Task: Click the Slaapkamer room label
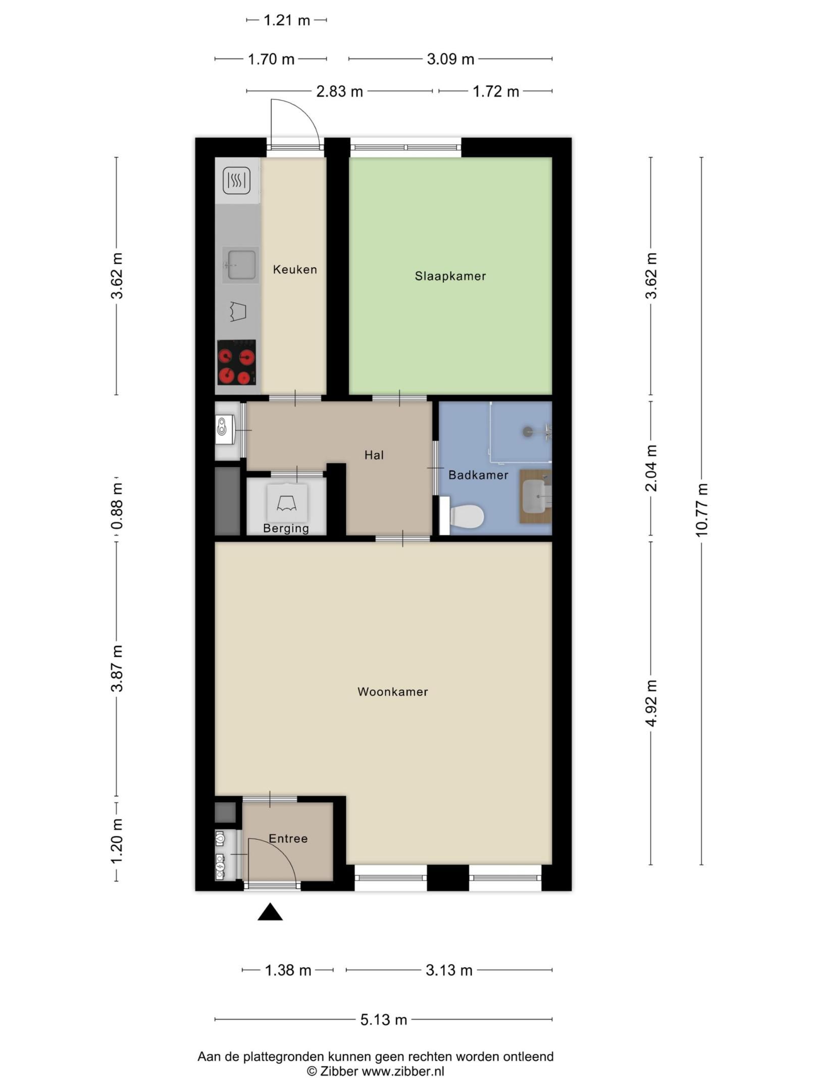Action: (x=450, y=276)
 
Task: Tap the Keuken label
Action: (x=295, y=269)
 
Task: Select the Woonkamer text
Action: (x=393, y=692)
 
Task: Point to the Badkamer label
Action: (x=478, y=475)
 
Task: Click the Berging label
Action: (x=286, y=528)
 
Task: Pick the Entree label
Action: (x=288, y=839)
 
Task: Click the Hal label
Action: (x=374, y=455)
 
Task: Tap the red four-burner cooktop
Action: (x=236, y=362)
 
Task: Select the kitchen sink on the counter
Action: (x=241, y=265)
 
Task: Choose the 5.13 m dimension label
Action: (x=383, y=1020)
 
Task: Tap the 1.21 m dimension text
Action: (x=287, y=20)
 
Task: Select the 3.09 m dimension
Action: (x=450, y=59)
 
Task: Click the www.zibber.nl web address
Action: (x=403, y=1071)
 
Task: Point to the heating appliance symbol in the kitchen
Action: (x=236, y=181)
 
